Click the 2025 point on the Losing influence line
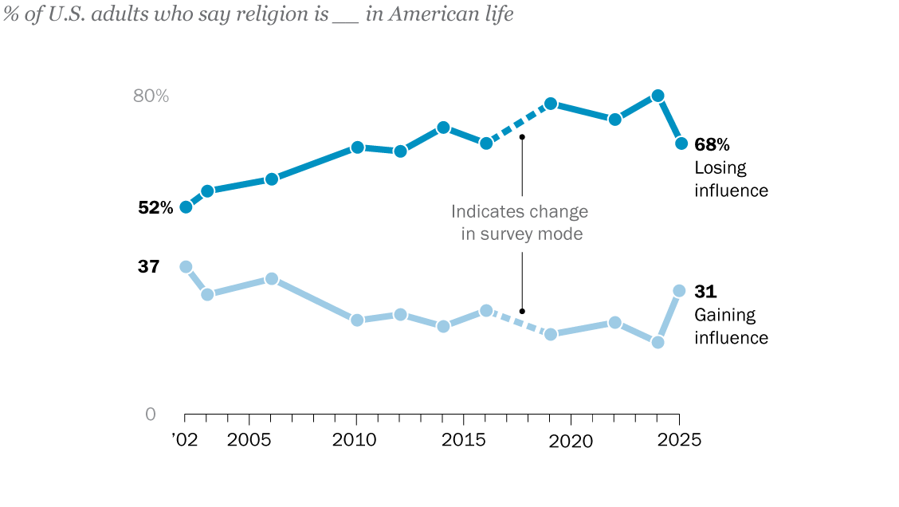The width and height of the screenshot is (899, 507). click(681, 143)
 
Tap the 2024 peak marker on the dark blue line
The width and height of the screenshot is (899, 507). click(658, 96)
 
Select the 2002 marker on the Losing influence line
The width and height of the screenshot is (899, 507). click(186, 207)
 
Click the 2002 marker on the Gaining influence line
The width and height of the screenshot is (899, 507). click(186, 267)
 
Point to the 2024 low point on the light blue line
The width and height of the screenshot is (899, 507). click(658, 342)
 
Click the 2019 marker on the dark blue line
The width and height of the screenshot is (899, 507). click(551, 104)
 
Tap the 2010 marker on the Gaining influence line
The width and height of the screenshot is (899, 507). click(357, 320)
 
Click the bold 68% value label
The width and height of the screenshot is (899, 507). click(712, 144)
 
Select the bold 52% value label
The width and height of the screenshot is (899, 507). click(155, 208)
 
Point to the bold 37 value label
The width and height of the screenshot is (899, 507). click(149, 267)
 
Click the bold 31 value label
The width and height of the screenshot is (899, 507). click(705, 292)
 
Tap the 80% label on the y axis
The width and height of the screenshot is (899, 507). click(151, 96)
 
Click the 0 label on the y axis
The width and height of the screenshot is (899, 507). click(151, 415)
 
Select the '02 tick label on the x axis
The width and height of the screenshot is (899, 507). click(184, 440)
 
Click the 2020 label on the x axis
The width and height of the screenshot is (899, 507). click(571, 441)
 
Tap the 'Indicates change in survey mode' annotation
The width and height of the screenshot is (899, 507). click(520, 223)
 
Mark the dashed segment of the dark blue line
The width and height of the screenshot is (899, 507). click(518, 124)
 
